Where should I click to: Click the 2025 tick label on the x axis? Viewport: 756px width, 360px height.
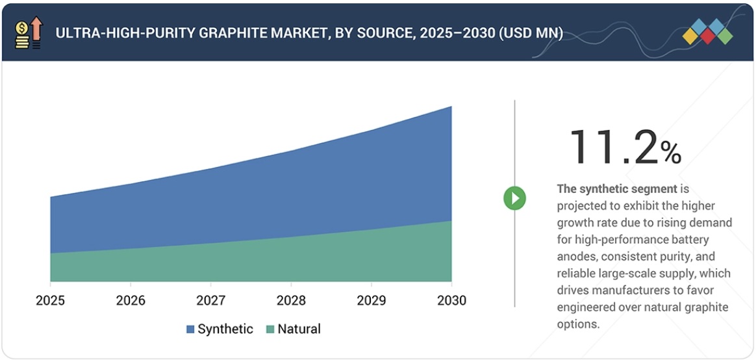pos(50,300)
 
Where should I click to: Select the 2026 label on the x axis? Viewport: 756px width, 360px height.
pos(131,300)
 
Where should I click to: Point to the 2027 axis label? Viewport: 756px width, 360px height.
pos(210,300)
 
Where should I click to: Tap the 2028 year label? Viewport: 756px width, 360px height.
pos(291,300)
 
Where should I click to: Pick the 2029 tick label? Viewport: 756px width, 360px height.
pos(371,300)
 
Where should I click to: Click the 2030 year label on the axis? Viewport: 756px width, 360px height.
pos(451,300)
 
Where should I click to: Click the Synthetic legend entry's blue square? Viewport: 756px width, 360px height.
pos(190,329)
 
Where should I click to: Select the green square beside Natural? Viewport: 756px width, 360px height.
pos(270,329)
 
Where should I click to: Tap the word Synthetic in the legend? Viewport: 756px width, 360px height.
pos(225,329)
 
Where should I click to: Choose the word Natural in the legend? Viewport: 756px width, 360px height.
pos(299,329)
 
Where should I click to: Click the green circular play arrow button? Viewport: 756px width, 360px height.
pos(514,198)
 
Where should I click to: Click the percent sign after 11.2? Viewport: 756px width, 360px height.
pos(671,153)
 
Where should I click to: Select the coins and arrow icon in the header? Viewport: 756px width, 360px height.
pos(28,33)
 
